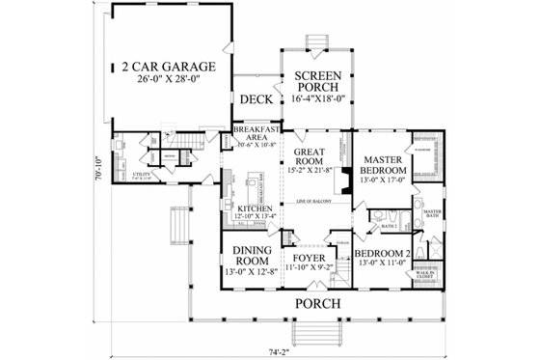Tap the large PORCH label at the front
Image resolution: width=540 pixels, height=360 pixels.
(319, 303)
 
